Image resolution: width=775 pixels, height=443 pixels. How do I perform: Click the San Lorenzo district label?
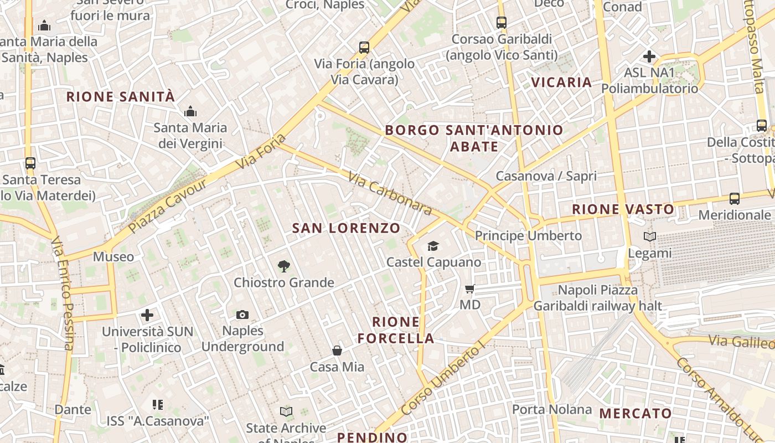point(346,228)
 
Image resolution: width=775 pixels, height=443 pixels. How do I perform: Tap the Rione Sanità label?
point(121,97)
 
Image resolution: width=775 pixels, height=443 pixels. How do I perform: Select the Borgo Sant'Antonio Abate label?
point(474,138)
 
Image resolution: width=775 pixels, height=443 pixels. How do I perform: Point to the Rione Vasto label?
point(623,209)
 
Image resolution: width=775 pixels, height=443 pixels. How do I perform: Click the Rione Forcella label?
point(396,330)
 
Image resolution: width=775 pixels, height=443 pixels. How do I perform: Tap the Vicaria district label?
point(561,83)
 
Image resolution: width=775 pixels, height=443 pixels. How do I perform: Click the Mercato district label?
point(635,413)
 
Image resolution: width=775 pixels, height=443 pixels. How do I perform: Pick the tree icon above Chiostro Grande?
point(284,266)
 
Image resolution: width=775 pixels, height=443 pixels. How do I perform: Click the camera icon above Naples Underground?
point(242,315)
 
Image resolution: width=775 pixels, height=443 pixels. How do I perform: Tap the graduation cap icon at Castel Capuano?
point(433,246)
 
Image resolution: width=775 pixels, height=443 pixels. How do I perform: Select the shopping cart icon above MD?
point(470,289)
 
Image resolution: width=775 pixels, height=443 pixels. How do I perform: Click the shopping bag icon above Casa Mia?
point(337,351)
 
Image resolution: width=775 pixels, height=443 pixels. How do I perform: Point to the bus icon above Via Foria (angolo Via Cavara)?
point(364,48)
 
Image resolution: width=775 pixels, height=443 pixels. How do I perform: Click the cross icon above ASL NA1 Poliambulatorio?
point(649,56)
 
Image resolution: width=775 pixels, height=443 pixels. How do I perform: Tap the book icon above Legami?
point(649,237)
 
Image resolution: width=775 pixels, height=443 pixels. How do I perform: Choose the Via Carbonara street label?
point(390,193)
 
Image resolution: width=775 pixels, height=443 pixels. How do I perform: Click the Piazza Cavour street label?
point(167,204)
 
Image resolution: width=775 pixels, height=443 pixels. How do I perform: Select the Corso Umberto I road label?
point(442,380)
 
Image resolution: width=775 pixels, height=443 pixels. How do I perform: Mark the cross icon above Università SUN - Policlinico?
point(147,315)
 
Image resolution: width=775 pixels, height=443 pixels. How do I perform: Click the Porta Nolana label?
point(552,409)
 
